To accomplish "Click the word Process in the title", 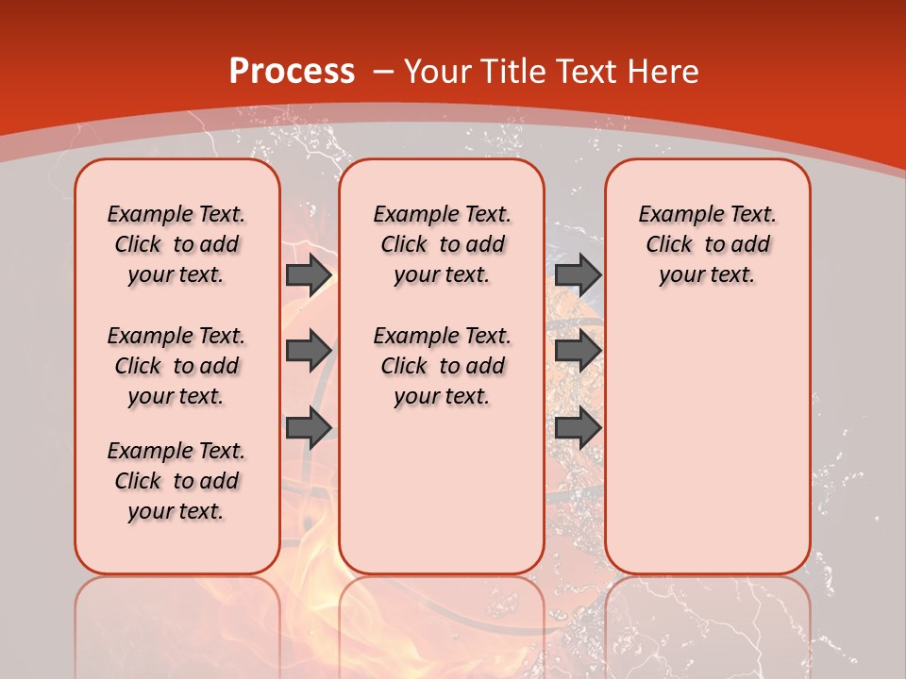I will [x=293, y=72].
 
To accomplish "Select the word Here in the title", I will [x=664, y=72].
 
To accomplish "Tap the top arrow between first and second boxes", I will [x=309, y=274].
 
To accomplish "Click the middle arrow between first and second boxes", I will [x=309, y=351].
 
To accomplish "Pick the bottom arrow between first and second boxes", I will [x=309, y=428].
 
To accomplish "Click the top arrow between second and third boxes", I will [x=578, y=274].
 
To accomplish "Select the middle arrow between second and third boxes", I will [x=578, y=351].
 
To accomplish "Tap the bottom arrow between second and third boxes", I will [x=578, y=428].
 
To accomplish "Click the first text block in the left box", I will [x=176, y=244].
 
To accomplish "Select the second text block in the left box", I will [x=176, y=366].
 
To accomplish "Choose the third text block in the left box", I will [x=176, y=481].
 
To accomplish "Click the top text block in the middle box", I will [x=442, y=244].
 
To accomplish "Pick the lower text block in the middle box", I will [x=442, y=366].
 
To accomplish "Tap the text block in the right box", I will [x=707, y=244].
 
